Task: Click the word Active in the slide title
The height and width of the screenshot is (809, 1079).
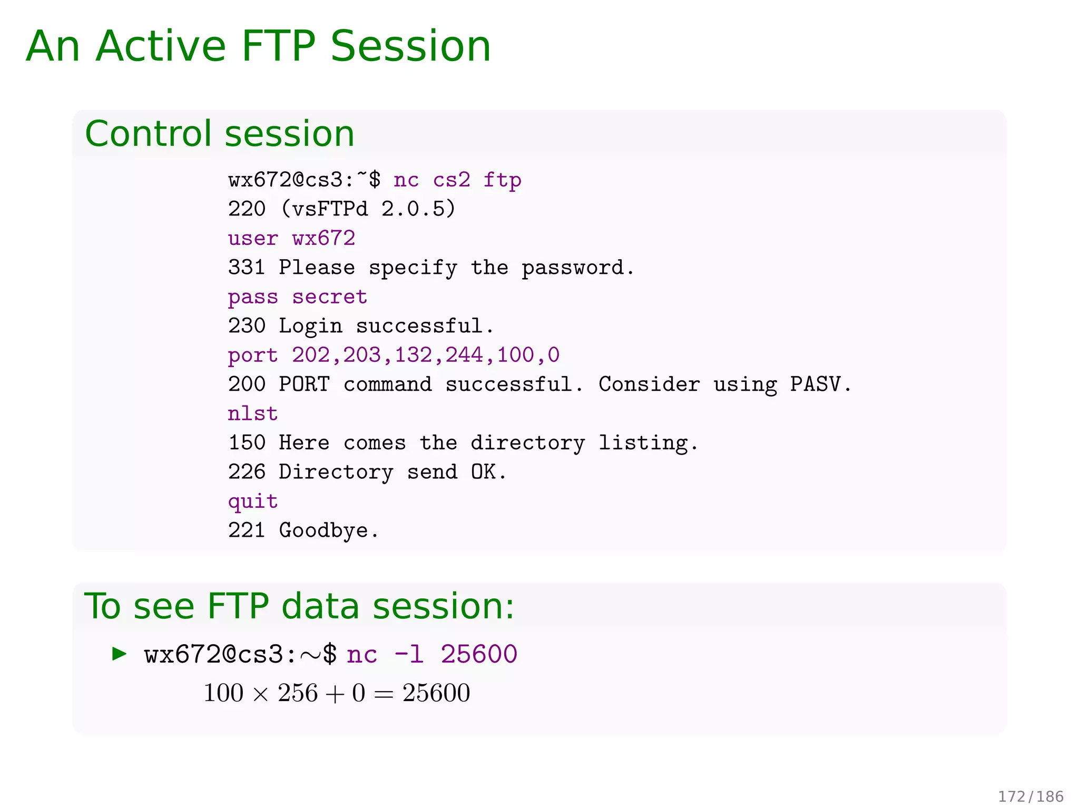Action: (x=161, y=46)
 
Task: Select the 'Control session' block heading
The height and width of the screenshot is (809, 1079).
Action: (x=220, y=133)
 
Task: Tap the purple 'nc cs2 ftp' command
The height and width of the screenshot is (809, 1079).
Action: (x=457, y=180)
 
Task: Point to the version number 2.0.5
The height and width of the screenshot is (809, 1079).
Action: (x=417, y=209)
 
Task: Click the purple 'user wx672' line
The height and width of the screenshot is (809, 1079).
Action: (x=291, y=238)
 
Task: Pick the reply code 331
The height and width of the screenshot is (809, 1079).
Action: (x=247, y=268)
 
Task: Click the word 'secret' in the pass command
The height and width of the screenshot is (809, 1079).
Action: (x=330, y=297)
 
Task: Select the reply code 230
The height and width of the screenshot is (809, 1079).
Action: (x=247, y=326)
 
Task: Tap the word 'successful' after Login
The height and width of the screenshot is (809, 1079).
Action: (x=419, y=326)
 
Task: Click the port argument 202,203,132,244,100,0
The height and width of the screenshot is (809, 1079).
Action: (x=426, y=355)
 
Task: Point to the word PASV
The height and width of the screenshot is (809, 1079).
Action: (x=815, y=384)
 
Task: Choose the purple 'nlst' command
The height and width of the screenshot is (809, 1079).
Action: (x=253, y=413)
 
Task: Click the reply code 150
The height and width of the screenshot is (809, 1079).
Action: (x=247, y=442)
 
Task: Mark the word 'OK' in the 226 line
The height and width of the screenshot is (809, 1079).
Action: (x=483, y=472)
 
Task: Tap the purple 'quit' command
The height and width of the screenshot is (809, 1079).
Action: (x=253, y=501)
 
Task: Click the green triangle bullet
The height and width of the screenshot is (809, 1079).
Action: (x=120, y=654)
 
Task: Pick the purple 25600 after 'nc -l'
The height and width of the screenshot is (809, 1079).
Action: (x=479, y=654)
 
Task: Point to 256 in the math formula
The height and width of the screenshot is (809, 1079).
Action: (x=298, y=693)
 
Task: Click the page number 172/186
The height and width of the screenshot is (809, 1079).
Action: (x=1031, y=796)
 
